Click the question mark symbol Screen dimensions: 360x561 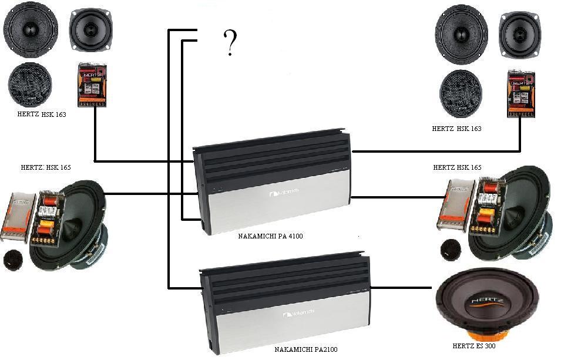230,43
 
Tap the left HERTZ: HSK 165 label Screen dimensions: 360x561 46,167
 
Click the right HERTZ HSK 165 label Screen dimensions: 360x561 457,167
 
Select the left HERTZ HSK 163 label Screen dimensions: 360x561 42,115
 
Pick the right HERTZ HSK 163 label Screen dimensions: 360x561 456,128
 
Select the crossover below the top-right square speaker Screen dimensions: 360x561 521,95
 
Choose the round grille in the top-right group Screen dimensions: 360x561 462,93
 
